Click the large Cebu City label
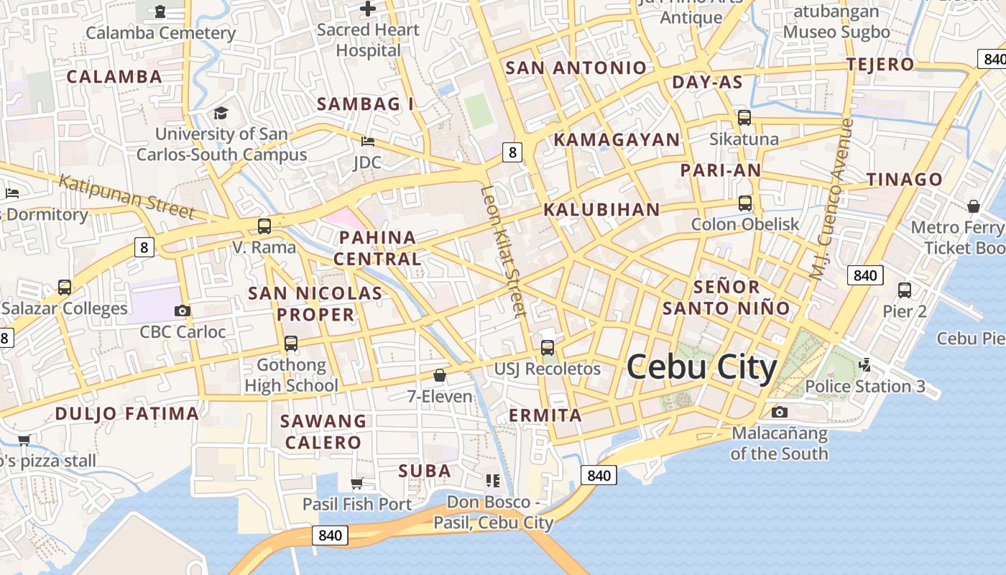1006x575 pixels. (x=702, y=368)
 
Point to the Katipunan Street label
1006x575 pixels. (x=126, y=195)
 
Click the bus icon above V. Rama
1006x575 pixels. (x=264, y=226)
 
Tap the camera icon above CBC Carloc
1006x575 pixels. (x=183, y=310)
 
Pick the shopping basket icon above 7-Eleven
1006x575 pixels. (x=440, y=375)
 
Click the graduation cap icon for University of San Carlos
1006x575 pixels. (x=221, y=114)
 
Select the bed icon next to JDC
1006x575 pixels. (x=368, y=141)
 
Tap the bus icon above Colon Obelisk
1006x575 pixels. (x=745, y=203)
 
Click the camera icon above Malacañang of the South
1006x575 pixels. (x=780, y=412)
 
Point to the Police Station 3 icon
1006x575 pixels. (x=865, y=365)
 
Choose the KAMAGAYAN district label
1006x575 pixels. (x=617, y=139)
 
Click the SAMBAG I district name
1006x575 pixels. (x=366, y=104)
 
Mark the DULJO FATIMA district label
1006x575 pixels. (x=127, y=413)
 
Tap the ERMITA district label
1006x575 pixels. (x=545, y=415)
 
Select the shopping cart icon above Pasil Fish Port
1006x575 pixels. (x=357, y=483)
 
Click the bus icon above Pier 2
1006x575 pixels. (x=905, y=290)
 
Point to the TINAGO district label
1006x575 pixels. (x=905, y=179)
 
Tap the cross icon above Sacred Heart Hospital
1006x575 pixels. (x=368, y=9)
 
